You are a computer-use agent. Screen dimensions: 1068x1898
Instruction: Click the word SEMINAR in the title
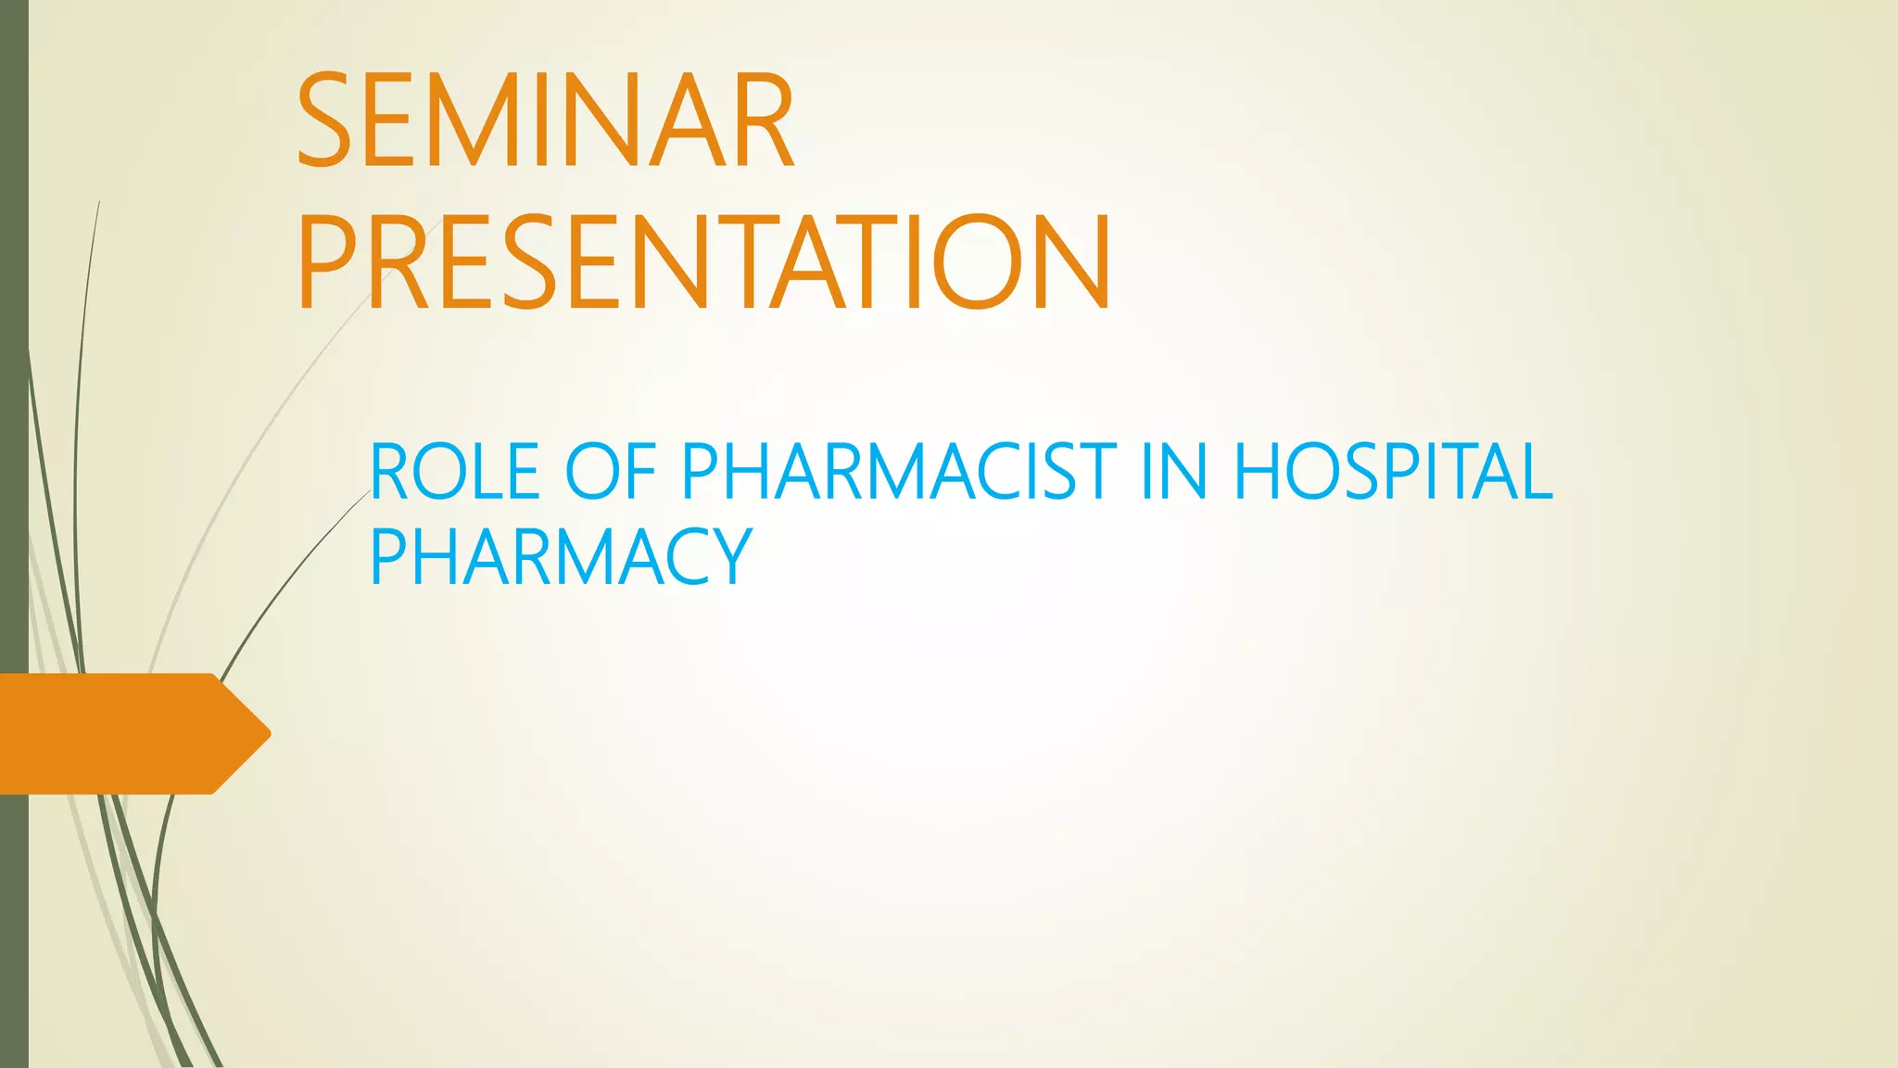tap(545, 121)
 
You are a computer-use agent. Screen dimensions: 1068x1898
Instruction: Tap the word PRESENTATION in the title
tap(704, 263)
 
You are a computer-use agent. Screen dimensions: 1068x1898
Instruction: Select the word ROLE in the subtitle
tap(455, 472)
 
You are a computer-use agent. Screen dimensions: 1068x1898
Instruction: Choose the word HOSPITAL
tap(1393, 472)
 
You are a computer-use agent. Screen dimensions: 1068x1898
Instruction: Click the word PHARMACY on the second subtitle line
tap(560, 556)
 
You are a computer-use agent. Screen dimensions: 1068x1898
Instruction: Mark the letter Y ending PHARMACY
tap(731, 556)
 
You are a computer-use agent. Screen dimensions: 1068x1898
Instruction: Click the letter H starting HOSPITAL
tap(1259, 472)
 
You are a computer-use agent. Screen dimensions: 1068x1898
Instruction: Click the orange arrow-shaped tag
tap(120, 733)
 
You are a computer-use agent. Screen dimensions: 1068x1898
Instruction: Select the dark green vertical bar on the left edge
tap(14, 371)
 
